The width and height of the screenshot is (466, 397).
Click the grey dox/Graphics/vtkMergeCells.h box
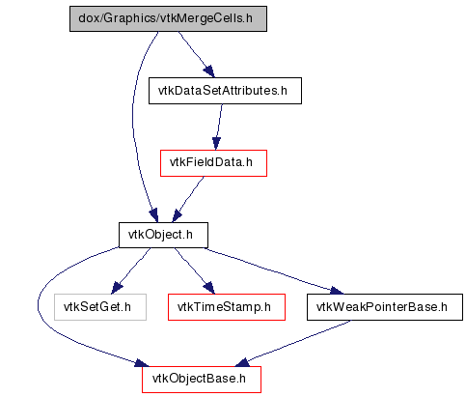point(168,18)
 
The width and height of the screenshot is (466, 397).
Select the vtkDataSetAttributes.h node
point(225,91)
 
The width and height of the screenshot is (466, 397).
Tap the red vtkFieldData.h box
point(213,163)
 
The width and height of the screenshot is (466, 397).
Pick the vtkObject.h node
point(163,235)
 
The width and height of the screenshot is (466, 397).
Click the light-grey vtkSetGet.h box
point(100,307)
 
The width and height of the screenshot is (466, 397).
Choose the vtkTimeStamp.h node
point(227,307)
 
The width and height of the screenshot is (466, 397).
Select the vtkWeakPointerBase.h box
point(385,307)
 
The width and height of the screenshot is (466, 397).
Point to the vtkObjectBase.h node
point(202,380)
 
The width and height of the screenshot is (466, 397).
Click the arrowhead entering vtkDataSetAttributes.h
point(209,71)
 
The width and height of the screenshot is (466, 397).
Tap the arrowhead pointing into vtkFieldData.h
point(216,143)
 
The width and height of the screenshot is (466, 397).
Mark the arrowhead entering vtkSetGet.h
point(116,288)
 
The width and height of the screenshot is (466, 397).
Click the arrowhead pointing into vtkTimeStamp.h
point(209,288)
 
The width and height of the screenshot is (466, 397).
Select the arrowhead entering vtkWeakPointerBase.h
point(337,291)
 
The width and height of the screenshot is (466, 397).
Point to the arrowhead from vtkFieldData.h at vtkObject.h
point(177,215)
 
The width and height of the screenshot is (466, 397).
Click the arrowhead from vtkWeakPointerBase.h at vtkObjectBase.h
point(243,363)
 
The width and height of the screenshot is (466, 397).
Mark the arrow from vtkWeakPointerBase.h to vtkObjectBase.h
point(296,342)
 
